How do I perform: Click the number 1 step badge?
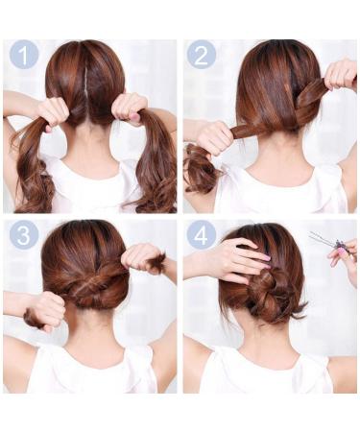click(x=23, y=55)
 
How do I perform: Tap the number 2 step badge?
click(x=201, y=55)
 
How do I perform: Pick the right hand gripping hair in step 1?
click(x=130, y=108)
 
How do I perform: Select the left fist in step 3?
click(x=44, y=310)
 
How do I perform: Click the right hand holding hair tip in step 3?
click(x=142, y=257)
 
